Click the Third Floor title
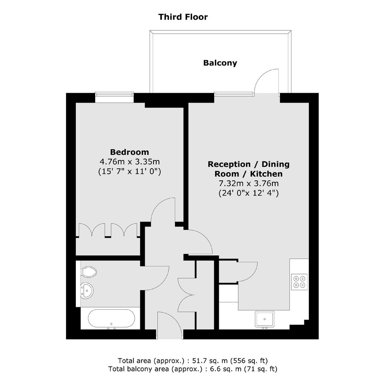(183, 17)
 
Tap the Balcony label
(220, 63)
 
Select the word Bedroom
(130, 152)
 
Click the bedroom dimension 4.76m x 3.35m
(130, 162)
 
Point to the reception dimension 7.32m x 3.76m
(248, 184)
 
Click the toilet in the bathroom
(89, 272)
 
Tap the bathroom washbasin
(87, 290)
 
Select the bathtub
(111, 319)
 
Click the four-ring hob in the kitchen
(299, 282)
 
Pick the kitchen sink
(265, 319)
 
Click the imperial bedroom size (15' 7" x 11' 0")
(130, 171)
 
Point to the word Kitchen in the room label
(266, 174)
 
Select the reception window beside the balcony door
(234, 94)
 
